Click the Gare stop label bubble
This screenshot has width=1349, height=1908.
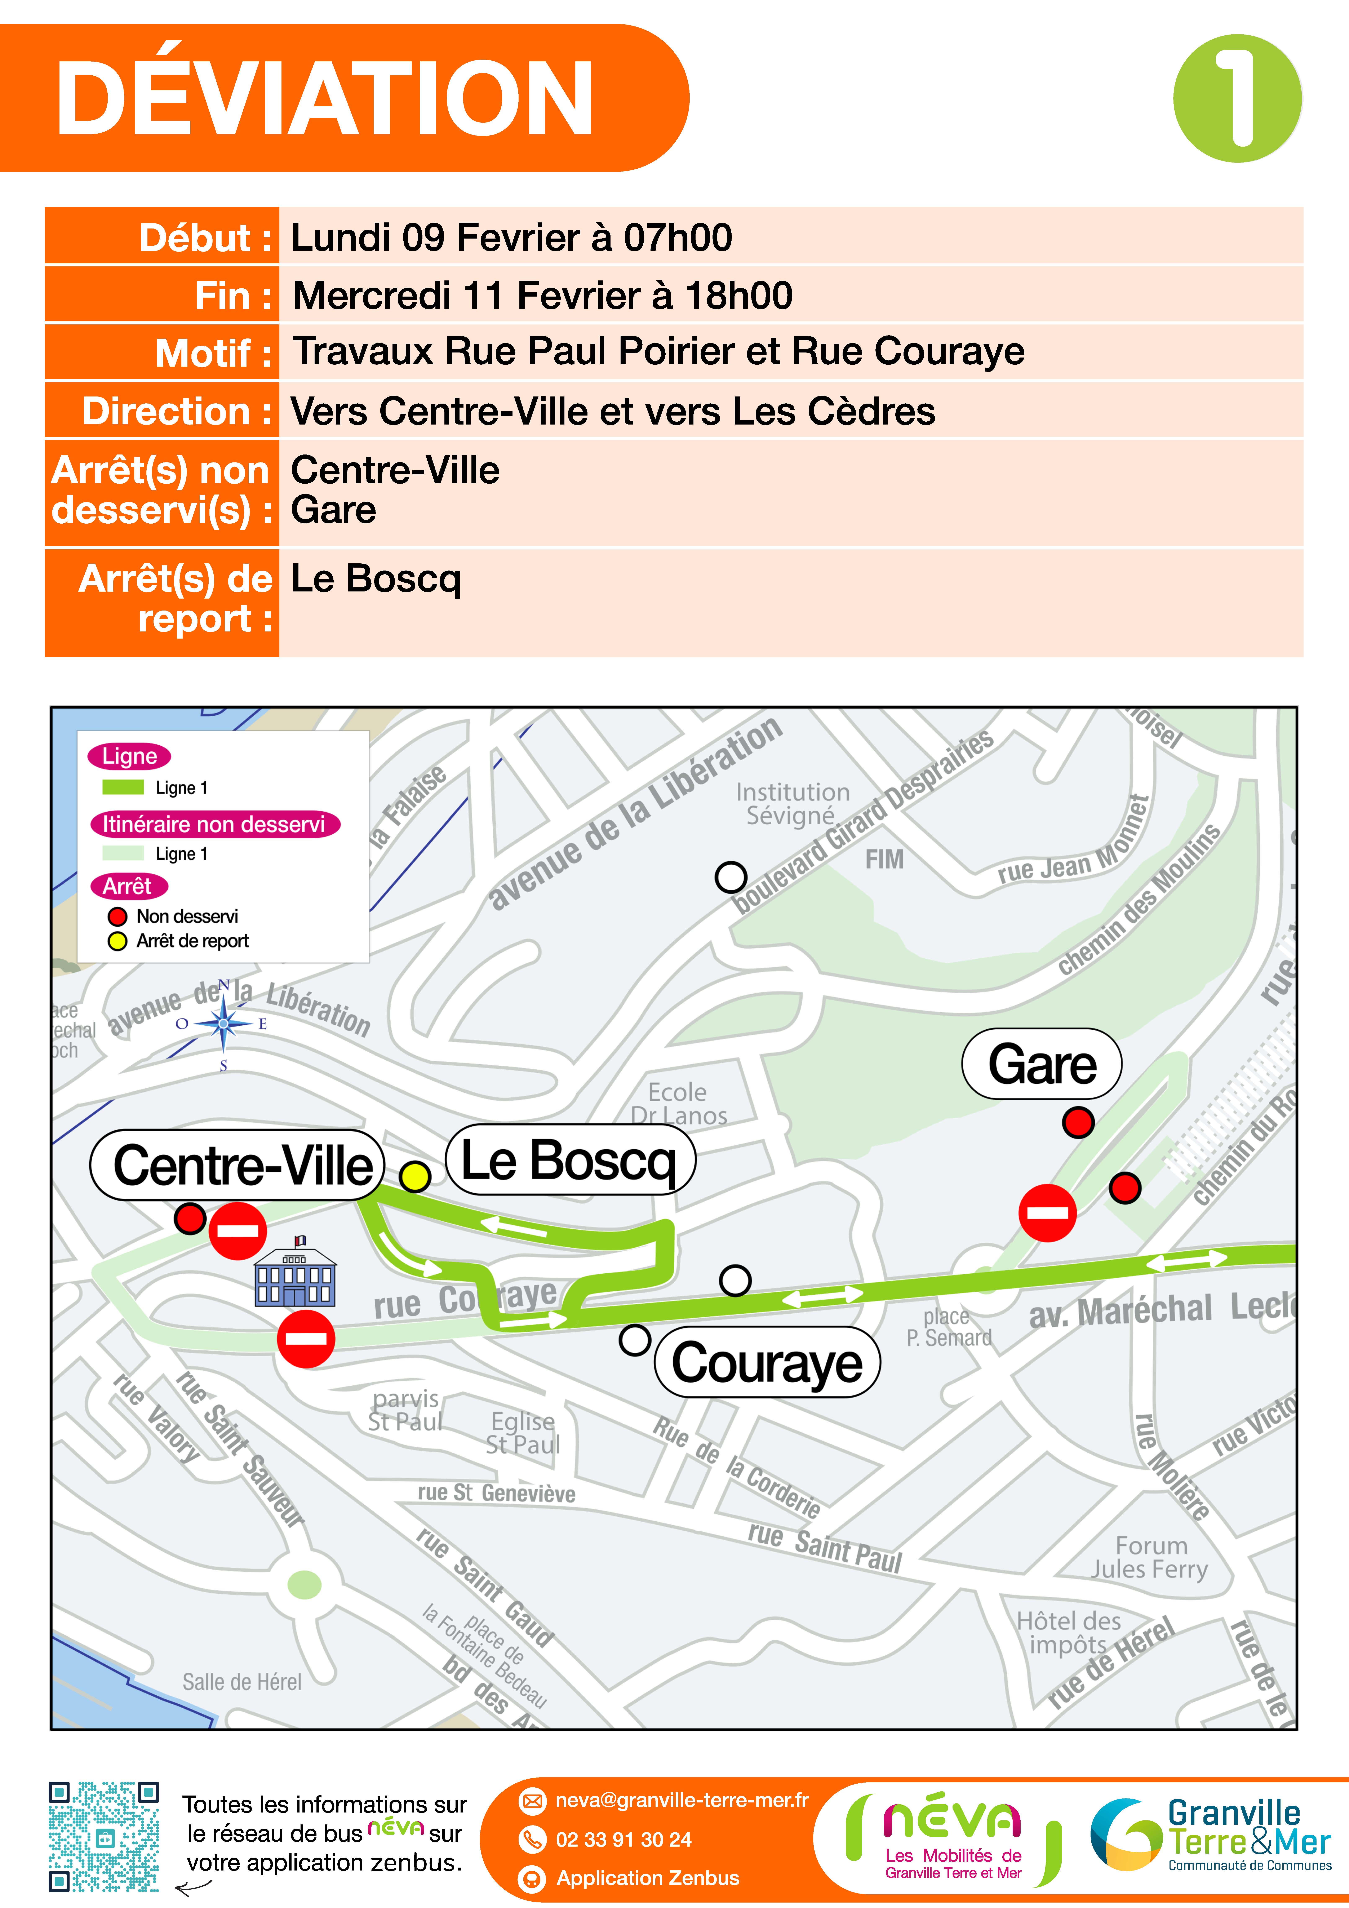pos(1042,1065)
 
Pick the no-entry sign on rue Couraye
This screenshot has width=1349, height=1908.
pos(306,1339)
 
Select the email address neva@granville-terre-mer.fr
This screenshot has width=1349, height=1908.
pos(682,1800)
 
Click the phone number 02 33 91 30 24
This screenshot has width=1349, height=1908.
pos(623,1839)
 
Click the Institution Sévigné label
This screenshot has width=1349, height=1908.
pos(792,804)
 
